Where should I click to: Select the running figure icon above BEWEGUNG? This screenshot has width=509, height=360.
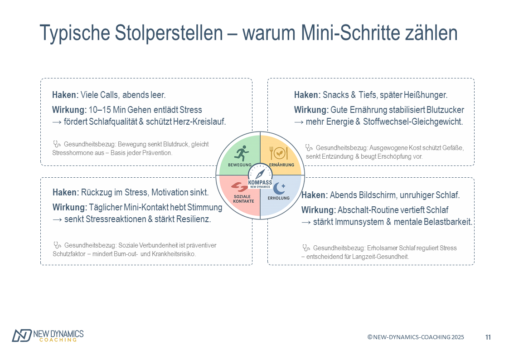(242, 153)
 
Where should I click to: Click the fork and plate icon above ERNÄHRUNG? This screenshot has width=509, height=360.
(278, 153)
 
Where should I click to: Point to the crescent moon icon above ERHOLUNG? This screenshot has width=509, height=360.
(279, 188)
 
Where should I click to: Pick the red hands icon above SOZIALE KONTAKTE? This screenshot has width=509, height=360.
(239, 187)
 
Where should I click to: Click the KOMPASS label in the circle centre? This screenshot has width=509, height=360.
(260, 182)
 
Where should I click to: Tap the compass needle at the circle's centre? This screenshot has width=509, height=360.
(260, 174)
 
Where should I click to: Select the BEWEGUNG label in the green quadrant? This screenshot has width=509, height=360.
(240, 165)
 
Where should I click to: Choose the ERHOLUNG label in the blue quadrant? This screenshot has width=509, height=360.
(278, 198)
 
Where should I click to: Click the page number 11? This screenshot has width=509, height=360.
(488, 337)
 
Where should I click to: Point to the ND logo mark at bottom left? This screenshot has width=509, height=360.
(22, 336)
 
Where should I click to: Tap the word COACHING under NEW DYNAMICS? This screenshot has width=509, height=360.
(58, 340)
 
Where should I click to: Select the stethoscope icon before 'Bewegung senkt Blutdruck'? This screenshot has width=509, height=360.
(57, 144)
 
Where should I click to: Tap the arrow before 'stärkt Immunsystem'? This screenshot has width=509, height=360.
(306, 222)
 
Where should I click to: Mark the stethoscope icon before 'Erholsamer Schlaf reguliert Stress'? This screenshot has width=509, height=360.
(306, 248)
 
